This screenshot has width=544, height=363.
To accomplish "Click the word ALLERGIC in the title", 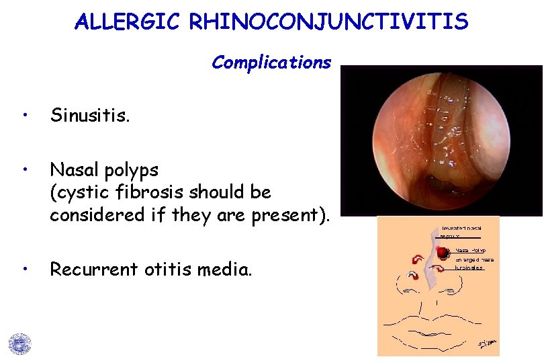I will coord(128,22).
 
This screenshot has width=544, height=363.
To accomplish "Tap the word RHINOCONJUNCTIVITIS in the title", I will coord(328,22).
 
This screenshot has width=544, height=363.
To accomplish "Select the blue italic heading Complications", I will coord(271,63).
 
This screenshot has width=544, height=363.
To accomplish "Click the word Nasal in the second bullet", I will coord(73,168).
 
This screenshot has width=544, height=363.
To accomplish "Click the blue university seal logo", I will coord(19,343).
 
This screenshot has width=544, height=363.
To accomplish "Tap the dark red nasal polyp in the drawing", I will coord(443,253).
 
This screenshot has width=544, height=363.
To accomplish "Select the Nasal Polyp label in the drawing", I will coord(471,249).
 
